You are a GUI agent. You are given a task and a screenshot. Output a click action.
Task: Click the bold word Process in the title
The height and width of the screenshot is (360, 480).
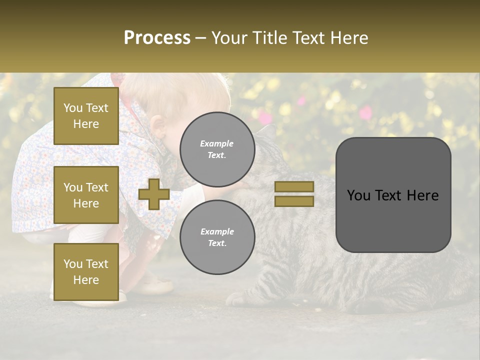pyautogui.click(x=157, y=38)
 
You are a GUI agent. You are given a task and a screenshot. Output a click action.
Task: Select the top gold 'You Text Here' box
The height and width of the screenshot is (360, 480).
pyautogui.click(x=86, y=116)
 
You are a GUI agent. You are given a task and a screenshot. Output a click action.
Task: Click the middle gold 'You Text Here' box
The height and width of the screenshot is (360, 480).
pyautogui.click(x=86, y=195)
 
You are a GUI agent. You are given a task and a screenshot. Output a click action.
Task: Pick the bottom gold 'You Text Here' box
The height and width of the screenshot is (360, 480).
pyautogui.click(x=86, y=272)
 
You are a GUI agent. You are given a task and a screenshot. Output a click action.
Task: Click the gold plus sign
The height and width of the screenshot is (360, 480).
pyautogui.click(x=154, y=194)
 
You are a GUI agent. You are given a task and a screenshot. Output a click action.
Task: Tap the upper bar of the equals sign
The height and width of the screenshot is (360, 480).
pyautogui.click(x=294, y=186)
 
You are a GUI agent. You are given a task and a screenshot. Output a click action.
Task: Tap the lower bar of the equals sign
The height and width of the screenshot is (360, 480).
pyautogui.click(x=294, y=201)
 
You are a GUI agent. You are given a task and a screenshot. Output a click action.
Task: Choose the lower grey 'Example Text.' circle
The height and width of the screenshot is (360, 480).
pyautogui.click(x=217, y=237)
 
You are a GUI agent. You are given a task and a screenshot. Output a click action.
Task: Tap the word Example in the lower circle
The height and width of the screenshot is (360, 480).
pyautogui.click(x=217, y=231)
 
